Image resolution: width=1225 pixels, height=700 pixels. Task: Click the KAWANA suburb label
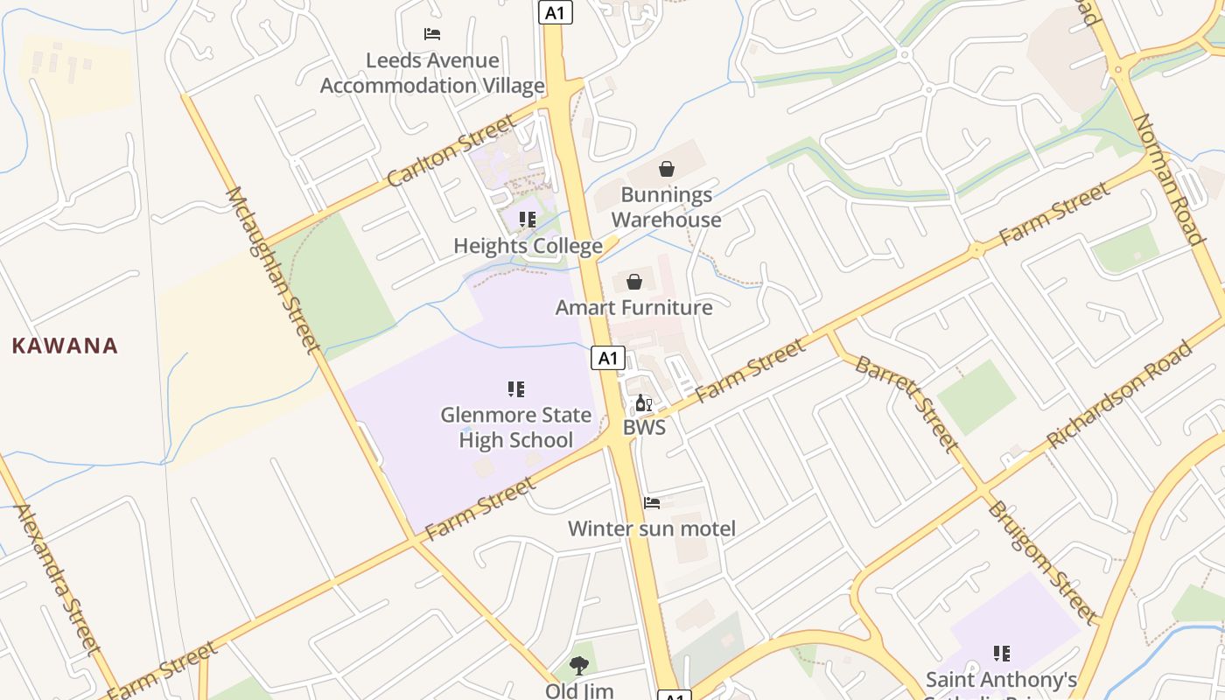click(65, 346)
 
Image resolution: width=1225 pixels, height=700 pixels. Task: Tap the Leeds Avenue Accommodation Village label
click(432, 73)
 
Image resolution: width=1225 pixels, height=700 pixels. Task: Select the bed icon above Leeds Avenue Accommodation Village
click(432, 34)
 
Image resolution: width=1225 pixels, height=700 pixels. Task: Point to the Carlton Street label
click(451, 151)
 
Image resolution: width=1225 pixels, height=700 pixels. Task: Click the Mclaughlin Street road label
click(274, 269)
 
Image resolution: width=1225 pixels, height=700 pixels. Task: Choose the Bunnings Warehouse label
click(667, 207)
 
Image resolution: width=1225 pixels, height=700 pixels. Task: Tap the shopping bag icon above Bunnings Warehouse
click(667, 169)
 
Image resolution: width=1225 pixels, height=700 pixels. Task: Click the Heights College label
click(528, 247)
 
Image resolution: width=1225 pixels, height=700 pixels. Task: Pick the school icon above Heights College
click(528, 219)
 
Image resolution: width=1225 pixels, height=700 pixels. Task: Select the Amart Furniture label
click(634, 308)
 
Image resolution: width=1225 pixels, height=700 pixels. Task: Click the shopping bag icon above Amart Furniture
click(634, 282)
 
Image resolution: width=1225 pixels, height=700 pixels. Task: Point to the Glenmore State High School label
click(516, 427)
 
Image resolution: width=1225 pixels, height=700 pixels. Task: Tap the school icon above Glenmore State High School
click(516, 388)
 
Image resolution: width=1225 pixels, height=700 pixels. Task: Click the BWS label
click(644, 428)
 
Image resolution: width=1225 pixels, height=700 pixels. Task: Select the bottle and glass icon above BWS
click(644, 403)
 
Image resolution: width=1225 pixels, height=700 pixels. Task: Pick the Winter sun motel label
click(652, 528)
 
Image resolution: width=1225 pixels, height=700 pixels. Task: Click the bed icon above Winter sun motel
click(652, 503)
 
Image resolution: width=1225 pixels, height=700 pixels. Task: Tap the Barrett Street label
click(907, 403)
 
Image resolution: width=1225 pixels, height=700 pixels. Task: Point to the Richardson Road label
click(1120, 395)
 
